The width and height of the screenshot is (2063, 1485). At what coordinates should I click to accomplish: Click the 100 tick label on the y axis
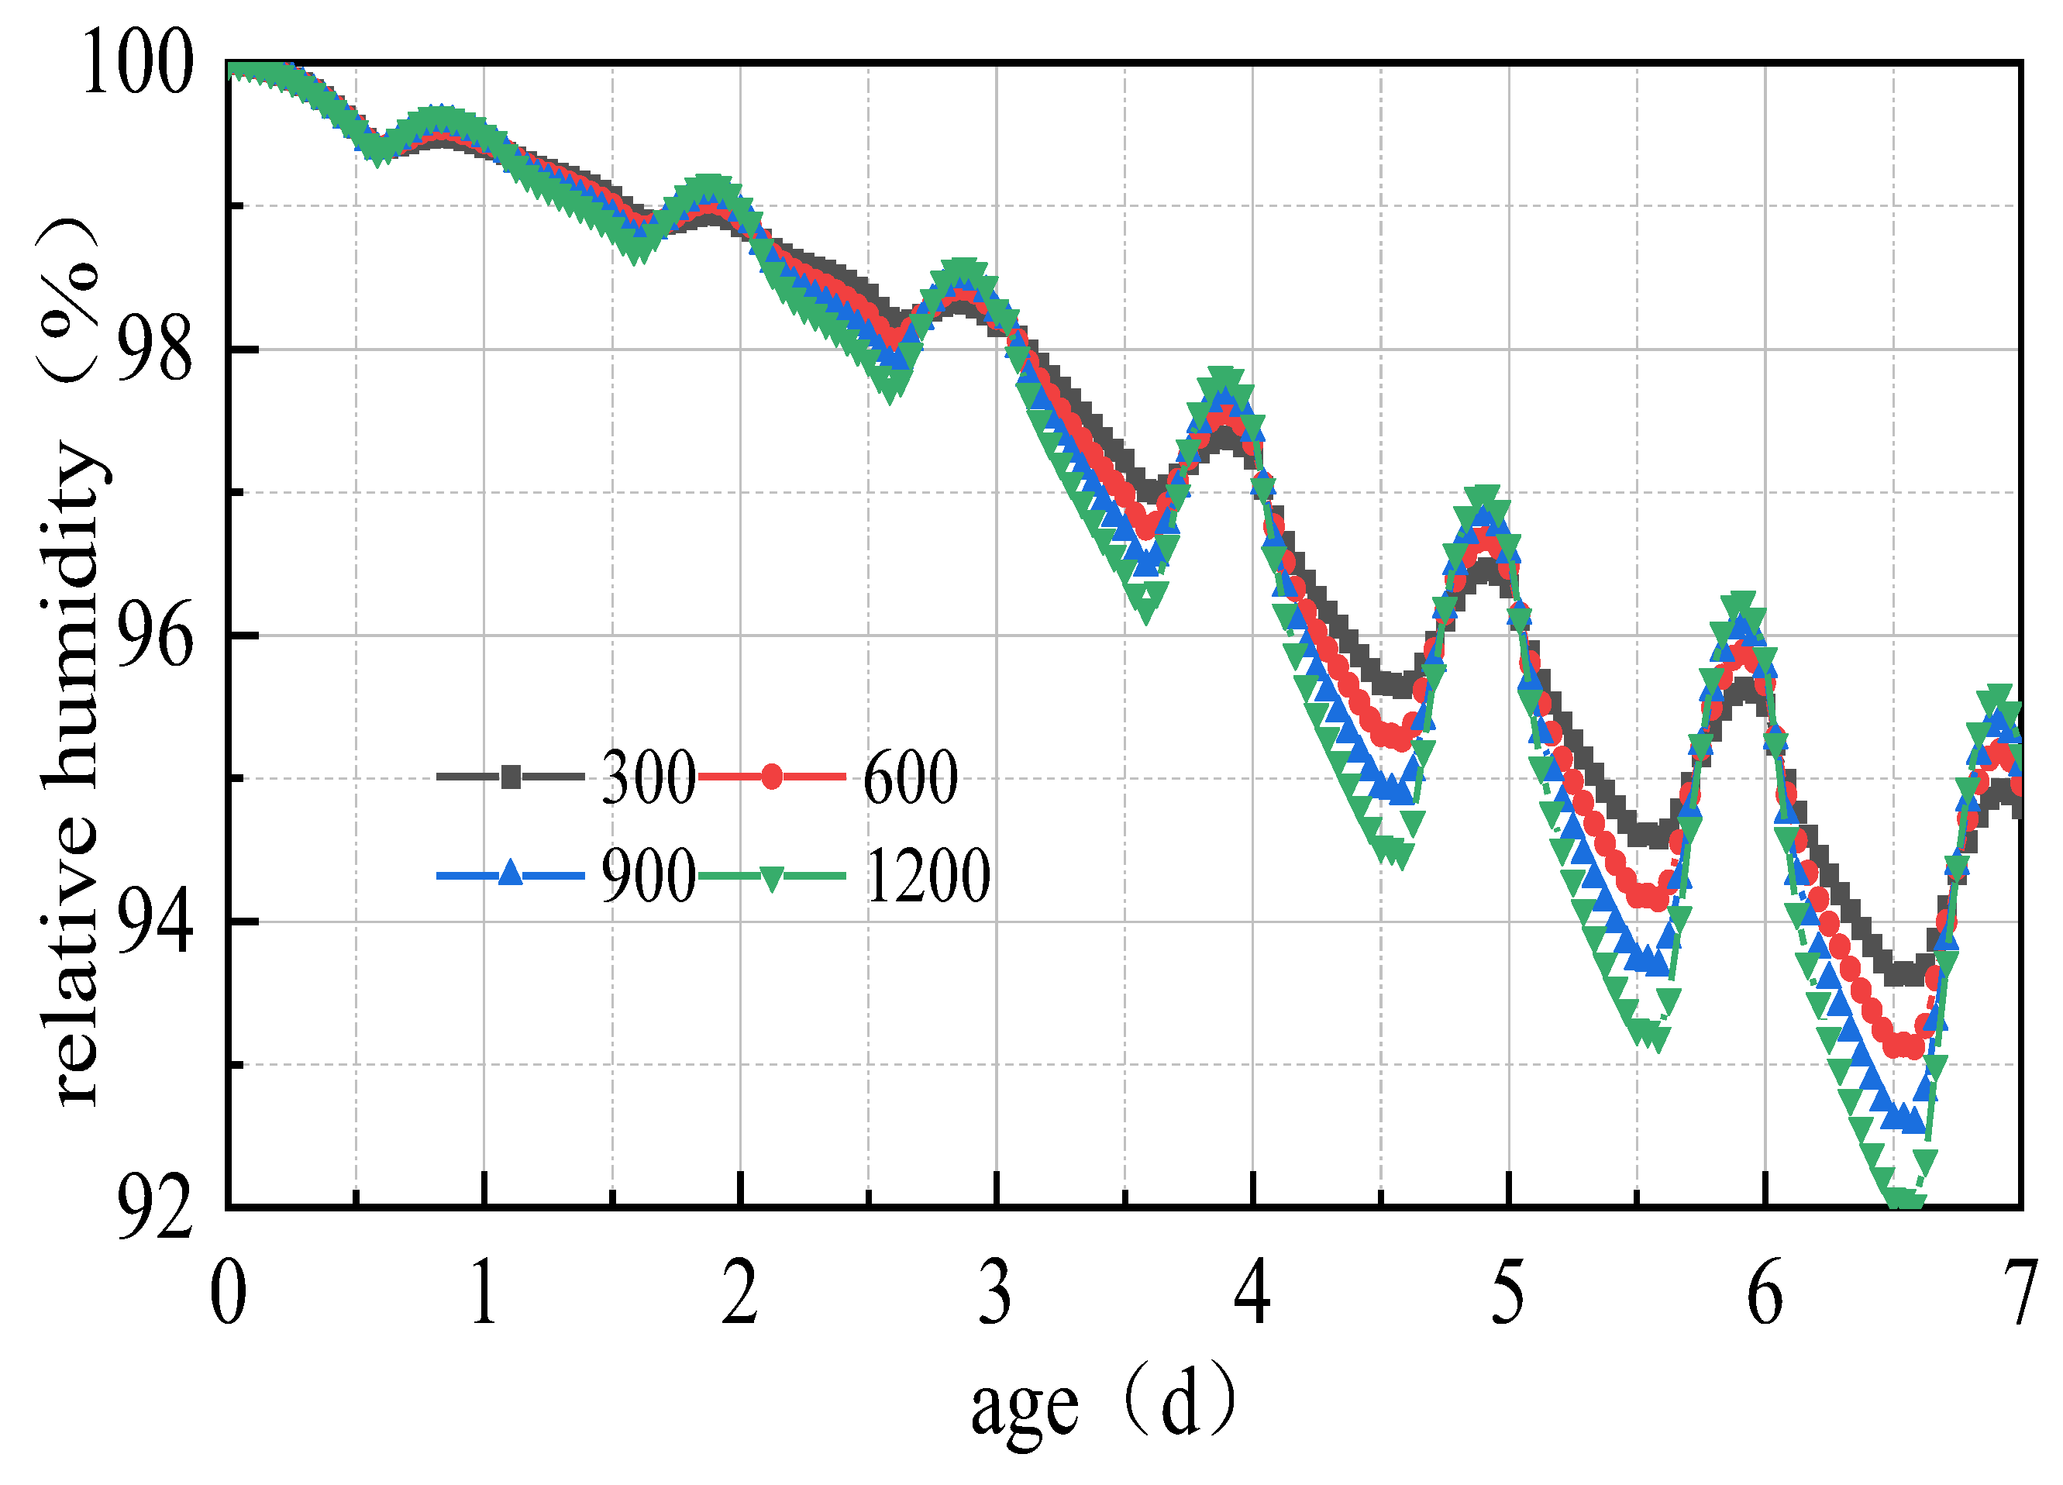(x=137, y=63)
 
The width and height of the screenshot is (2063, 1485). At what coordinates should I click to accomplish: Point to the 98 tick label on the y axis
(x=155, y=350)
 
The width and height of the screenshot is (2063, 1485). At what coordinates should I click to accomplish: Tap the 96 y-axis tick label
(x=155, y=636)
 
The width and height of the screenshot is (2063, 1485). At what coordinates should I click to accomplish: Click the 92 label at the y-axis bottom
(x=155, y=1209)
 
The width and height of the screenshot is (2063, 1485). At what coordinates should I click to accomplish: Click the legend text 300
(x=648, y=778)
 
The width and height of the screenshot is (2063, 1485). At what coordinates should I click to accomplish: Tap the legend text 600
(x=910, y=778)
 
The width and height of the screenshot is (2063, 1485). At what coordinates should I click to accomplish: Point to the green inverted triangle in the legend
(x=771, y=878)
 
